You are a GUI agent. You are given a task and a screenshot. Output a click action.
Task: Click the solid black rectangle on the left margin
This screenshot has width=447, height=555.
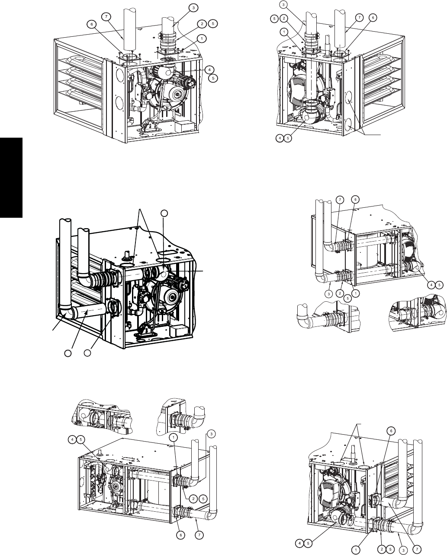point(11,177)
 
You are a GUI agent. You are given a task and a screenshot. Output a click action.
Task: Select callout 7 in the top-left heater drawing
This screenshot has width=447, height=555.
point(106,17)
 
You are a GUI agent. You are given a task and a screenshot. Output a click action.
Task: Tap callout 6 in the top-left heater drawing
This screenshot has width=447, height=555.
point(92,25)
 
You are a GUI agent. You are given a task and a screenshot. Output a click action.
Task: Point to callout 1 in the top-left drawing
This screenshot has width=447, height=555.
point(202,39)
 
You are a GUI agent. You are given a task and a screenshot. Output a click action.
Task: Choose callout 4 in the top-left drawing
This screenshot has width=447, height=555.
point(209,69)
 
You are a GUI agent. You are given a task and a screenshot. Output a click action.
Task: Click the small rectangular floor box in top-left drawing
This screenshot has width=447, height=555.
point(182,126)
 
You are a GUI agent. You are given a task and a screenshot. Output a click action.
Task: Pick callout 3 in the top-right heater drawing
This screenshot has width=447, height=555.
point(283,5)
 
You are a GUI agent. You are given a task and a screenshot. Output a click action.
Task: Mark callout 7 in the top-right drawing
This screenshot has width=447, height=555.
point(359,18)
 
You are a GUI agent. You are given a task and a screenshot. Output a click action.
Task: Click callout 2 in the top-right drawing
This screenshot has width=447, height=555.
point(284,18)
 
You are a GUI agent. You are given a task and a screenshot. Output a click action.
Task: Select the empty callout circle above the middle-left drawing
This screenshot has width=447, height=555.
point(164,213)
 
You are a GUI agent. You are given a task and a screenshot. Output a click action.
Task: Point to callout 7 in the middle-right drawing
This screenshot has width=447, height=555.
point(340,200)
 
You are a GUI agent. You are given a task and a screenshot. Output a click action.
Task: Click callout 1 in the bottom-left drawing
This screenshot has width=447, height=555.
point(174,437)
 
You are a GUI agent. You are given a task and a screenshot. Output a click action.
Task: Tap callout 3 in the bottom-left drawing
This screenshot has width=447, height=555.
point(211,434)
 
